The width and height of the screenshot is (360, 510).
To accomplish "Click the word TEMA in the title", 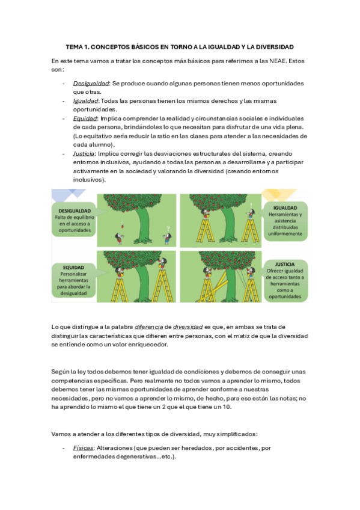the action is [x=74, y=47].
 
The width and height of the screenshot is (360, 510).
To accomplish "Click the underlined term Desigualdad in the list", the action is [x=91, y=84].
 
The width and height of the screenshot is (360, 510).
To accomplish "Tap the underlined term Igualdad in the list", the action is [x=85, y=101].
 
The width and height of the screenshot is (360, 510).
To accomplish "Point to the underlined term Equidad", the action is [x=85, y=118].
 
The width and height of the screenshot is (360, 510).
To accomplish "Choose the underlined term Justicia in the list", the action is [x=84, y=153].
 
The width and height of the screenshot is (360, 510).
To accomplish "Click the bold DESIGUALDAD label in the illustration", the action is [x=75, y=210].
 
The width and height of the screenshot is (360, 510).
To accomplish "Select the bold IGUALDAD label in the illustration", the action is [x=285, y=208].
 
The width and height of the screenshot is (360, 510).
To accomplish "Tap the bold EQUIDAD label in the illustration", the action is [x=73, y=268].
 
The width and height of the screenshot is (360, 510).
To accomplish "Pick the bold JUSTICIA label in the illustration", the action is [x=285, y=265].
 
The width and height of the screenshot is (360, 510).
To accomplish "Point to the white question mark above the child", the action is [x=168, y=229].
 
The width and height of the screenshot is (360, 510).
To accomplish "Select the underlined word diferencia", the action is [x=149, y=327].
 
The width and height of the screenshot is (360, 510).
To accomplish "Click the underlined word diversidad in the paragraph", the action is [x=188, y=327].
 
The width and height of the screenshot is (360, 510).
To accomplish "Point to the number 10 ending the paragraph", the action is [x=227, y=407].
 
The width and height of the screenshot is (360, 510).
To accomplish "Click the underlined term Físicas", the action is [x=83, y=448].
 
